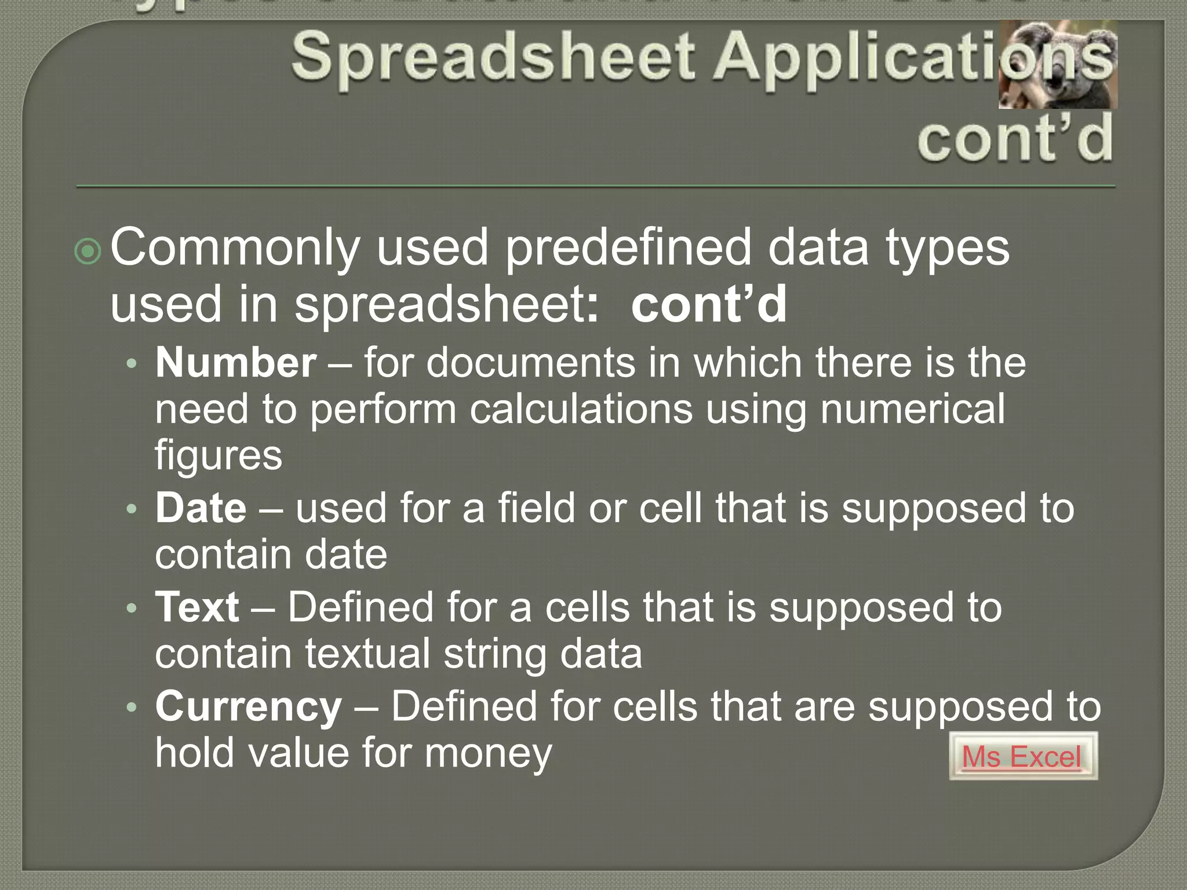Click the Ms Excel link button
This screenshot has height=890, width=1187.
(x=1022, y=756)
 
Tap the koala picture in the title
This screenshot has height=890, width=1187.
(x=1058, y=64)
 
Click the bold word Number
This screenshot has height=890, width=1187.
(x=235, y=363)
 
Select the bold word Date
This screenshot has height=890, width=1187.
(x=201, y=508)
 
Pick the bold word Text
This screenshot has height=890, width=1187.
(x=197, y=607)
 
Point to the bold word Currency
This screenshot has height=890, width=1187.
(x=248, y=707)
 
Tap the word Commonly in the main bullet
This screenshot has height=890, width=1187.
(x=235, y=248)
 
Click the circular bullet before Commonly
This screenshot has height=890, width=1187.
(x=88, y=251)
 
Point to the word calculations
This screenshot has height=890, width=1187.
(x=581, y=410)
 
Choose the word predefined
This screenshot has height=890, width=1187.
(x=629, y=248)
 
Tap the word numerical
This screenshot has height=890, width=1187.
(x=913, y=410)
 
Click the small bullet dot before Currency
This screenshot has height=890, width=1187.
(x=132, y=707)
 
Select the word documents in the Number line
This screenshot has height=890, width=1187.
(x=531, y=363)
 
